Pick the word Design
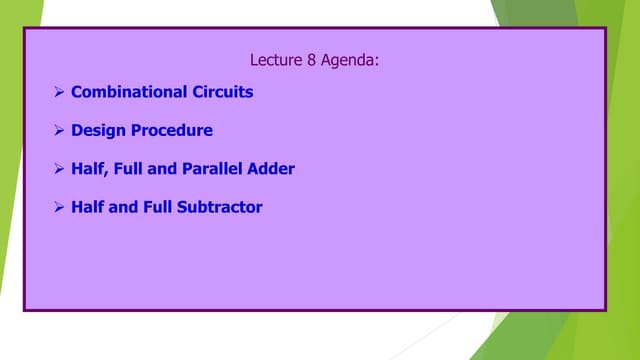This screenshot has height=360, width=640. pyautogui.click(x=97, y=130)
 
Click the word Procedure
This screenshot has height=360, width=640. pyautogui.click(x=170, y=130)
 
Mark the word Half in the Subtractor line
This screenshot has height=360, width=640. pyautogui.click(x=87, y=207)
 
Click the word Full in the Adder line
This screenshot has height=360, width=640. pyautogui.click(x=130, y=169)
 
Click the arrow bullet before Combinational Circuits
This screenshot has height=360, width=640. pyautogui.click(x=59, y=92)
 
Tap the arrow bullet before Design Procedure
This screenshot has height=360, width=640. pyautogui.click(x=59, y=130)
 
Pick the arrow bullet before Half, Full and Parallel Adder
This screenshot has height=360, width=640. pyautogui.click(x=59, y=169)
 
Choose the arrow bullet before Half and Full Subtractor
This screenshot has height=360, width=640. pyautogui.click(x=59, y=207)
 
